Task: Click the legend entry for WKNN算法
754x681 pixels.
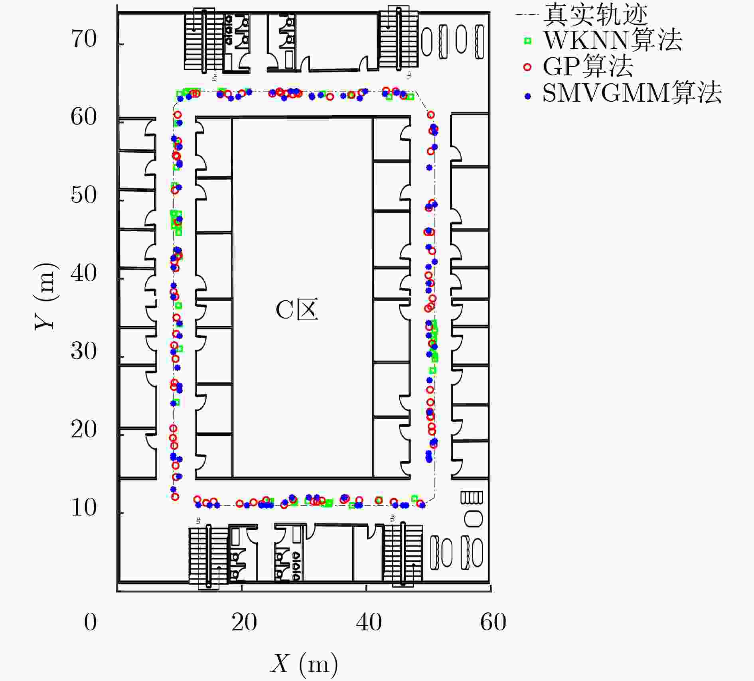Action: [x=613, y=40]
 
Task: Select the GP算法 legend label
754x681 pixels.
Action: [x=588, y=67]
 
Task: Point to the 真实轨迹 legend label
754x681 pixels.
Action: [x=596, y=14]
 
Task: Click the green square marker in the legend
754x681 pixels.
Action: [x=528, y=41]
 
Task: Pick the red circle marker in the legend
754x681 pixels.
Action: [x=528, y=67]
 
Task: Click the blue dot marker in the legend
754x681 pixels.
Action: [x=528, y=96]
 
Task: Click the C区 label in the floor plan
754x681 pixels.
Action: [x=297, y=310]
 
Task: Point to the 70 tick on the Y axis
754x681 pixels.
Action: [x=84, y=39]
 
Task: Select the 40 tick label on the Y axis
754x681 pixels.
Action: [x=84, y=274]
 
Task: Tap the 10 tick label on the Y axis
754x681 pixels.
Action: [x=84, y=508]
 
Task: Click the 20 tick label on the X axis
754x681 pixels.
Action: [x=245, y=622]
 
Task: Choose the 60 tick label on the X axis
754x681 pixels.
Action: [x=493, y=622]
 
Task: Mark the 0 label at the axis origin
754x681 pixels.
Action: [x=91, y=622]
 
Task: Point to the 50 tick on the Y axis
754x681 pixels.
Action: [x=84, y=195]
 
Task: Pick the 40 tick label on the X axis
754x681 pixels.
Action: [x=369, y=622]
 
